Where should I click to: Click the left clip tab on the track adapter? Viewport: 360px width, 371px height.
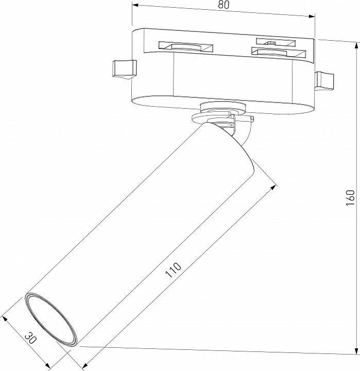click(x=124, y=70)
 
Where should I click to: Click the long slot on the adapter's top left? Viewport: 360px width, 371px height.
click(x=185, y=46)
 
